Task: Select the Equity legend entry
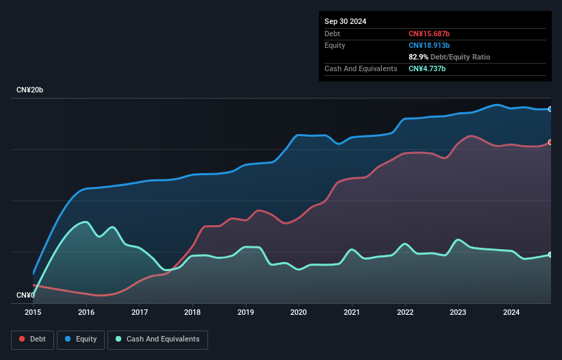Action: [81, 339]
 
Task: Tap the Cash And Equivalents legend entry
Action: [157, 339]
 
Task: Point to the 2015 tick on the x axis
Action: [33, 312]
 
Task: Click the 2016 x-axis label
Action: [86, 312]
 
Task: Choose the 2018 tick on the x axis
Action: [193, 312]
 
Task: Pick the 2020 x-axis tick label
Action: [299, 312]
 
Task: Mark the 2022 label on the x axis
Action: [405, 312]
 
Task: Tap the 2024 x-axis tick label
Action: [511, 312]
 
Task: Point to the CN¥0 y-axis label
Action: [25, 295]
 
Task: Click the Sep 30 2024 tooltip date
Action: [345, 21]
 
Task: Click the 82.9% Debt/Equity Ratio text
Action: [449, 57]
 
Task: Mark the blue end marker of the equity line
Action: [550, 109]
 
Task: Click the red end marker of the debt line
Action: [550, 142]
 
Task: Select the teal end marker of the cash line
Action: [550, 255]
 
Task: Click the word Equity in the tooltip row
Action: [335, 45]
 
